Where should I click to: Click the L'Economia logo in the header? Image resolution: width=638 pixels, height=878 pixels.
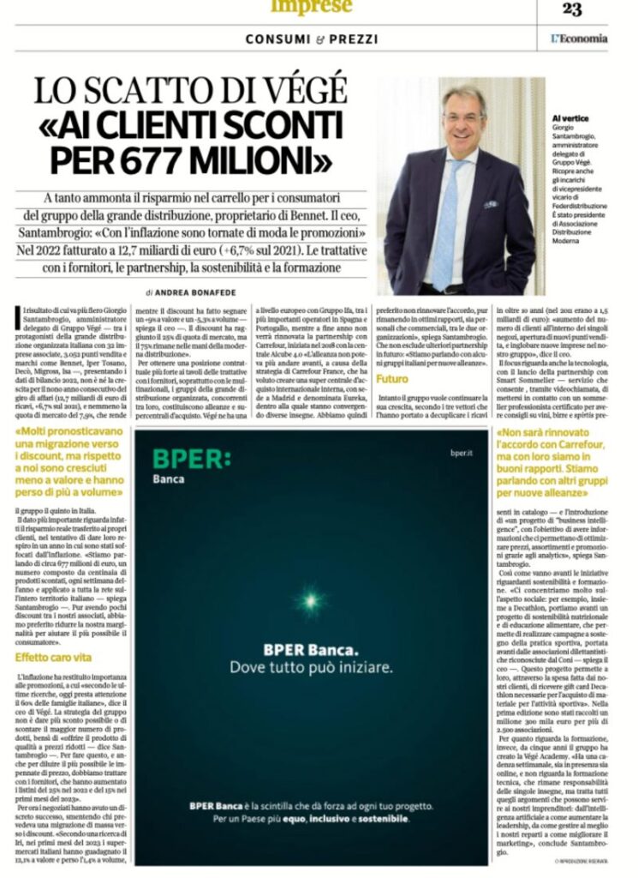coord(579,39)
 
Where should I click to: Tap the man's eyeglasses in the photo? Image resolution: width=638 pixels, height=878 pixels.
coord(462,117)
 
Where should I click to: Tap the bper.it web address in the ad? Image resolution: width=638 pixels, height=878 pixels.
coord(461,460)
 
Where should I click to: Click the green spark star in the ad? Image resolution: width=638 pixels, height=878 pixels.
coord(309,598)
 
